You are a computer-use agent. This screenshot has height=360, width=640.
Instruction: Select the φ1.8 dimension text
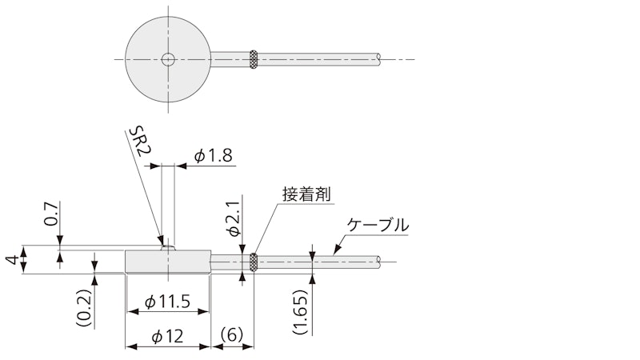pos(213,155)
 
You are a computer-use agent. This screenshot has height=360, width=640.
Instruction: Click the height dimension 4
pos(12,259)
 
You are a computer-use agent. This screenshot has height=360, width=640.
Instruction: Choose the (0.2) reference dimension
pos(84,307)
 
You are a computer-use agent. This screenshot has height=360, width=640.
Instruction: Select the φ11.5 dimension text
pos(168,302)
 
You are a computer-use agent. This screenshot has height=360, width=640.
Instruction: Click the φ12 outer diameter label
pos(167,337)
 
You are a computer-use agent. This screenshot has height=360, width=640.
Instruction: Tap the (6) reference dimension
pos(232,334)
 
